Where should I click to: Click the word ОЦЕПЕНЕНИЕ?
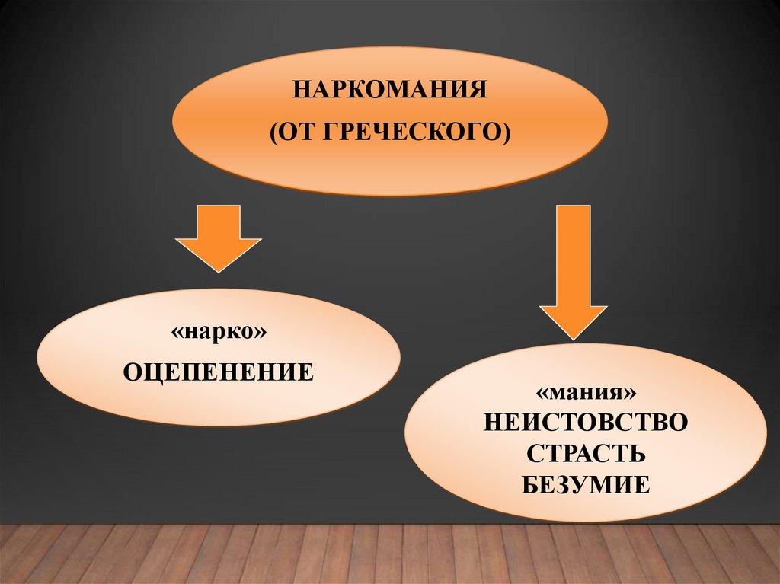pyautogui.click(x=219, y=372)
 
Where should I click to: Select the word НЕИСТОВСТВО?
pyautogui.click(x=585, y=422)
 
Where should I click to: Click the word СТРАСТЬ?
pyautogui.click(x=585, y=453)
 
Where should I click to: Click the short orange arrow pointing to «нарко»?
pyautogui.click(x=219, y=236)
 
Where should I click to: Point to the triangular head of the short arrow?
pyautogui.click(x=219, y=254)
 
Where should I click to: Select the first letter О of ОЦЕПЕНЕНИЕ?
pyautogui.click(x=132, y=372)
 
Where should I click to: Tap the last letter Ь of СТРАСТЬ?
pyautogui.click(x=638, y=453)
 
